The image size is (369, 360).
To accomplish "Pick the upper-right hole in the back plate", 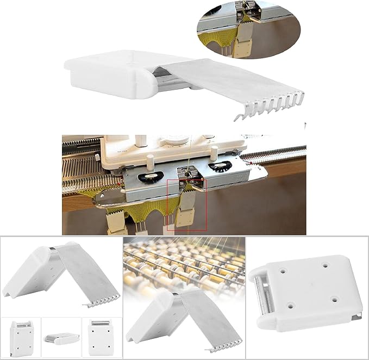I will [327, 265].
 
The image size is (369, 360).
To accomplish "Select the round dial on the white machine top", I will [179, 140].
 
